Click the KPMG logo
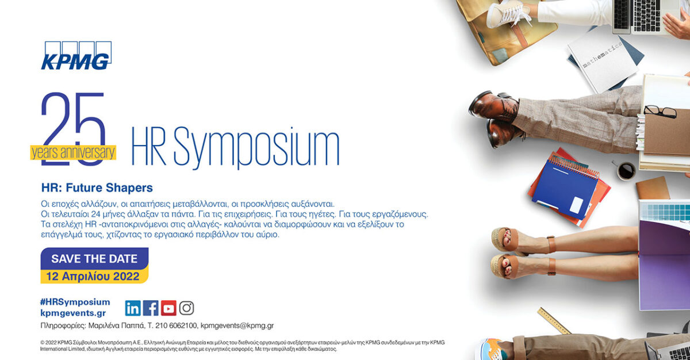pyautogui.click(x=76, y=55)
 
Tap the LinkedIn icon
pyautogui.click(x=133, y=308)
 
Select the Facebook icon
pyautogui.click(x=151, y=308)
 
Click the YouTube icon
pyautogui.click(x=168, y=308)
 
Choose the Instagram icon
pyautogui.click(x=186, y=308)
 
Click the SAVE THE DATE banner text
pyautogui.click(x=94, y=259)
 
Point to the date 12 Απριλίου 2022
pyautogui.click(x=93, y=276)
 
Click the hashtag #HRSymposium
pyautogui.click(x=75, y=302)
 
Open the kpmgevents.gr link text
pyautogui.click(x=73, y=313)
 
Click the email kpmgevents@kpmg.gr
pyautogui.click(x=237, y=325)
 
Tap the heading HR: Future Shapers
pyautogui.click(x=97, y=187)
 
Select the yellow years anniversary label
pyautogui.click(x=73, y=152)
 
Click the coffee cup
pyautogui.click(x=626, y=171)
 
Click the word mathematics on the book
pyautogui.click(x=602, y=55)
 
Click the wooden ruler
pyautogui.click(x=554, y=321)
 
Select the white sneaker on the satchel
pyautogui.click(x=508, y=14)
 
